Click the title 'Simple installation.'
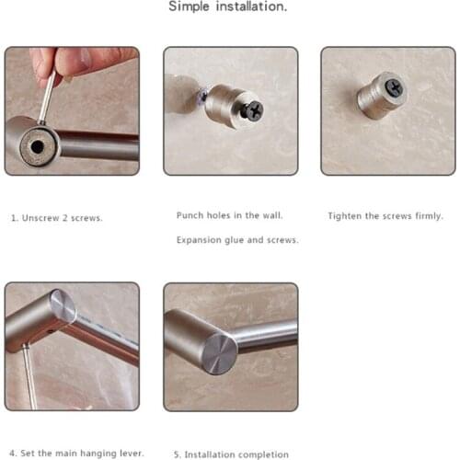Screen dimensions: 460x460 [228, 6]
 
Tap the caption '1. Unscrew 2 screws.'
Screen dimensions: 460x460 [57, 218]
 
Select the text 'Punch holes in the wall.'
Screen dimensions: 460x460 [229, 215]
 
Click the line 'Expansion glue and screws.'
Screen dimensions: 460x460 [237, 240]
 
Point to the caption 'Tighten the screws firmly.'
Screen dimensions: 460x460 [385, 216]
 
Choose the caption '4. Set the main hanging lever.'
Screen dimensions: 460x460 [76, 454]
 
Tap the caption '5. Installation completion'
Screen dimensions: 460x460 [231, 454]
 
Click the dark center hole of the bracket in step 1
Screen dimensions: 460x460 [37, 147]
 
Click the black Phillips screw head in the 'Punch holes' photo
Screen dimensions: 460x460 [254, 110]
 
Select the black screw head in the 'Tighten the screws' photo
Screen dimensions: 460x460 [395, 86]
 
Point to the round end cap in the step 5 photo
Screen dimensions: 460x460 [220, 354]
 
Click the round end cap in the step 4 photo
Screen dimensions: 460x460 [63, 305]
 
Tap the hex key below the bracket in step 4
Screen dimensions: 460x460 [30, 377]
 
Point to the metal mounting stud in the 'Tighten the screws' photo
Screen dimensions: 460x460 [382, 95]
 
